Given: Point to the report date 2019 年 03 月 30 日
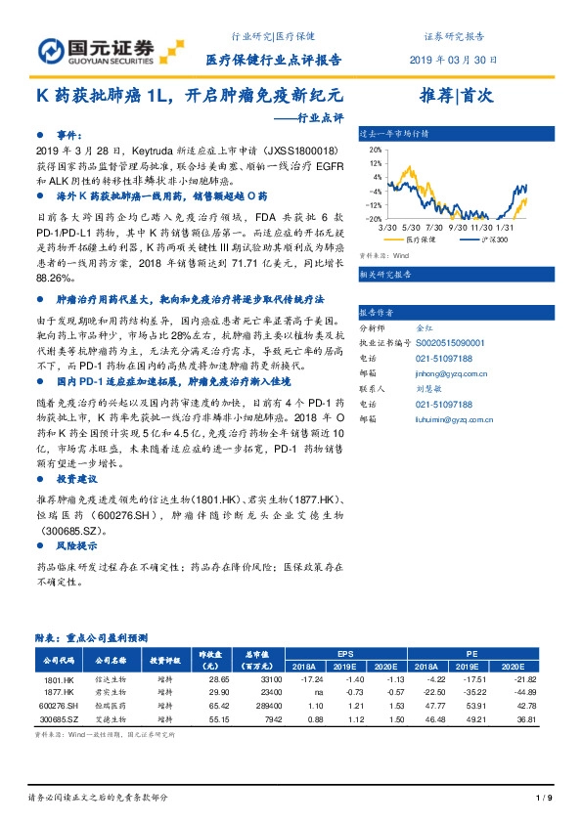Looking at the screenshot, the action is [x=446, y=61].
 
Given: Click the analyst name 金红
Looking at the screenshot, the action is [x=424, y=327].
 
